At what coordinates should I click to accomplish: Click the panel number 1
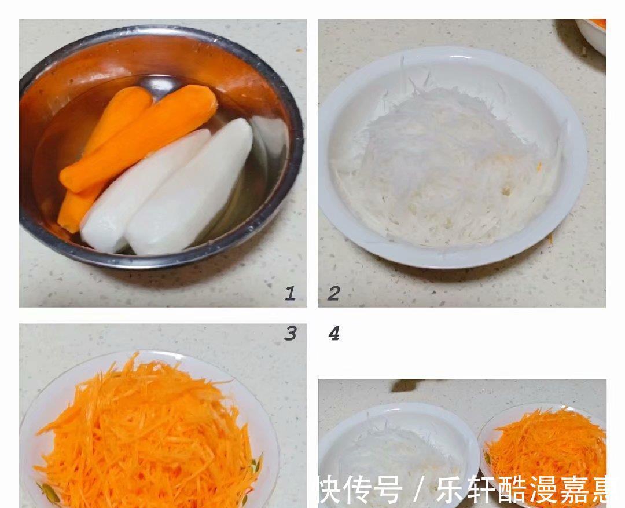(291, 293)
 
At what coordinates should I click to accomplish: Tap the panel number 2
(333, 293)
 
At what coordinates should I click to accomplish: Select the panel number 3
(291, 333)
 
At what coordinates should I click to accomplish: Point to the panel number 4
(334, 333)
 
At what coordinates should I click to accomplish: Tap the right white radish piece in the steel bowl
(191, 185)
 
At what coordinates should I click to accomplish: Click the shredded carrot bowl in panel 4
(544, 452)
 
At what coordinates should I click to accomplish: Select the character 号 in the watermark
(387, 491)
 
